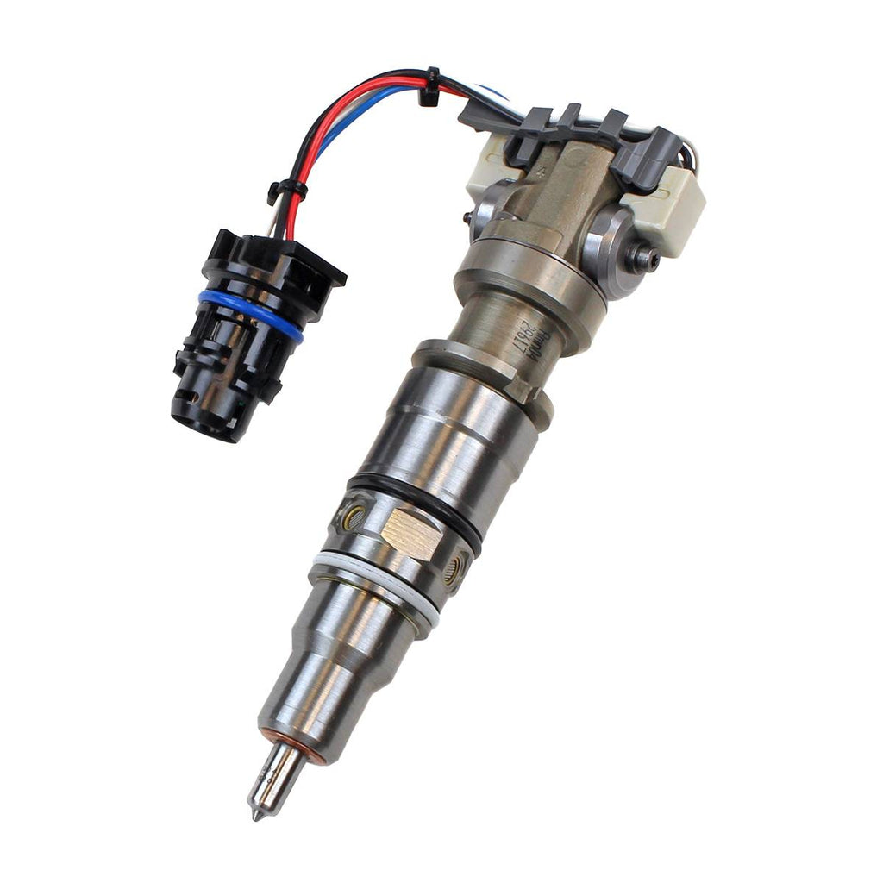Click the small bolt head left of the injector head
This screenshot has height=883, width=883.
click(467, 218)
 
